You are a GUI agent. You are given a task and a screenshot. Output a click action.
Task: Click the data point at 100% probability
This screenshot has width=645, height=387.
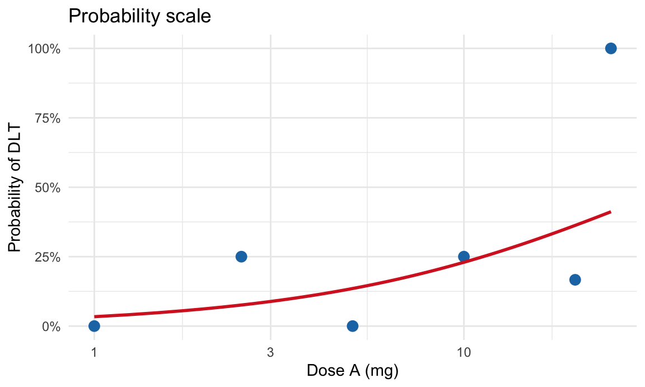(x=611, y=48)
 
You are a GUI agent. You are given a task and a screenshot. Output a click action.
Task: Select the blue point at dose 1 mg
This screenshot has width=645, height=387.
(x=94, y=326)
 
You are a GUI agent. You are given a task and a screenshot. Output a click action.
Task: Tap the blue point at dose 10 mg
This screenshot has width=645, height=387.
(x=464, y=257)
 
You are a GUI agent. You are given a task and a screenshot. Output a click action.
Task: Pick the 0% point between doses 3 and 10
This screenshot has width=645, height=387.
(x=352, y=326)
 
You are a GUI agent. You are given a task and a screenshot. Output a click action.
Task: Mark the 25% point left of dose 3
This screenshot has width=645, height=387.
(x=241, y=257)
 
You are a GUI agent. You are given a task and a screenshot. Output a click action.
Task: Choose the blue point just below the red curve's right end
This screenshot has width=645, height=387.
(x=575, y=279)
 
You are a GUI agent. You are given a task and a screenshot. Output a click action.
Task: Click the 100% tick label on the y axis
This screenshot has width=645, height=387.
(x=44, y=49)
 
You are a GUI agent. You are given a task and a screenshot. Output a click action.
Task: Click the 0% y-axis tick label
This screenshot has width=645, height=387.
(x=50, y=327)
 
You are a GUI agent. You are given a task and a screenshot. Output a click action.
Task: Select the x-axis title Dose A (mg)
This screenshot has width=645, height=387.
(x=352, y=371)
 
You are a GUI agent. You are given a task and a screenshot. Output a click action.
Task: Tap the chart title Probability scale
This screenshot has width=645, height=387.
(x=139, y=16)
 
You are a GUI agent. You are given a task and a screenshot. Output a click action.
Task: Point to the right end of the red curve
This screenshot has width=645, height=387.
(x=610, y=212)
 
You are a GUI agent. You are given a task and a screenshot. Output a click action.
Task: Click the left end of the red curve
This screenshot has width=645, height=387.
(x=95, y=316)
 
